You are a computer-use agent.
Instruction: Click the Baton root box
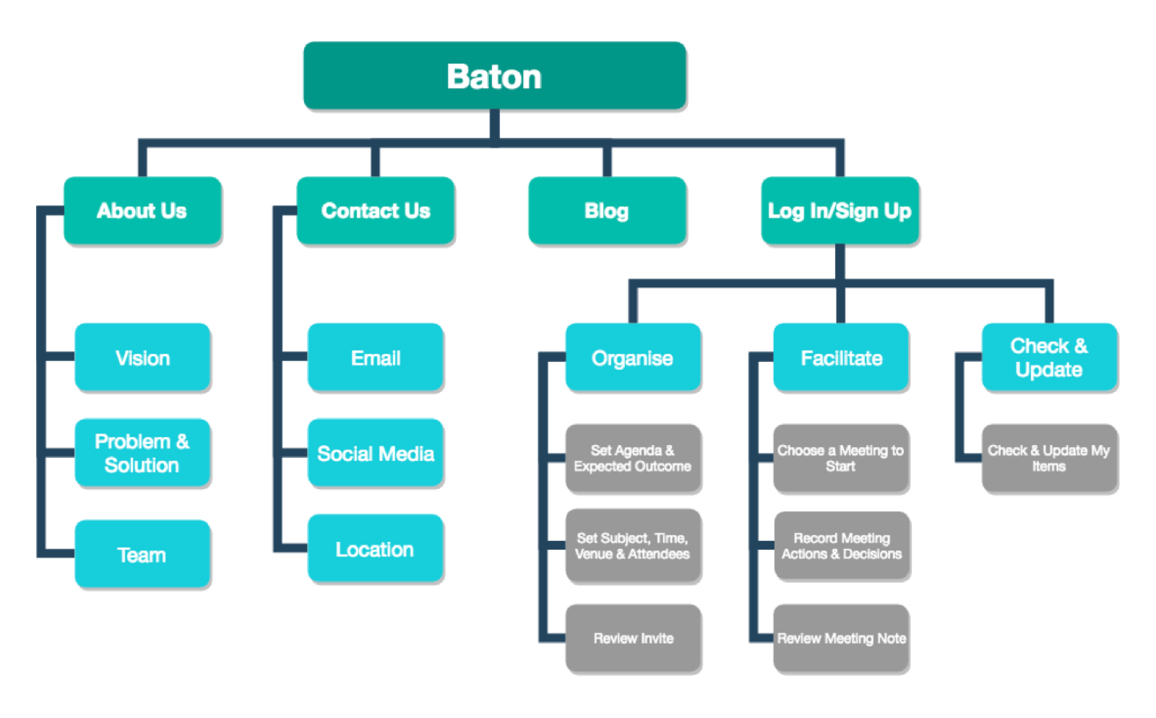494,77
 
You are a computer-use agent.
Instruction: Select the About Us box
142,211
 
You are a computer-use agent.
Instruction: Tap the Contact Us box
376,211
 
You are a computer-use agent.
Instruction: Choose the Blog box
607,211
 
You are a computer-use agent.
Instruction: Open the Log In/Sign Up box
840,211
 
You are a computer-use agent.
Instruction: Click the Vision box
142,358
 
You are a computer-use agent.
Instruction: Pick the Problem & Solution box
142,453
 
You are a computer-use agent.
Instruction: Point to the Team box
142,554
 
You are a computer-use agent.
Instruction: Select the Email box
376,358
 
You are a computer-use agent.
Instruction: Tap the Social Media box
376,453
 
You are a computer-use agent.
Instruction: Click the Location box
376,549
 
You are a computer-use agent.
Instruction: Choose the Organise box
633,358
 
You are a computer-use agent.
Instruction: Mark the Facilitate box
841,358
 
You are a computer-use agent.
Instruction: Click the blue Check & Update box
1049,358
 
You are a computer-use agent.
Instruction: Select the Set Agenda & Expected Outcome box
633,459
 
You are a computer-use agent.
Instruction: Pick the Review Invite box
633,639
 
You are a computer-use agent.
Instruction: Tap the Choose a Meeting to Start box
841,459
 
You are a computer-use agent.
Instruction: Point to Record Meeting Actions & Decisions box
842,546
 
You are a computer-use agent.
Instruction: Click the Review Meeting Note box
841,639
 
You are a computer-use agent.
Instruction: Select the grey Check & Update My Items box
1049,459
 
